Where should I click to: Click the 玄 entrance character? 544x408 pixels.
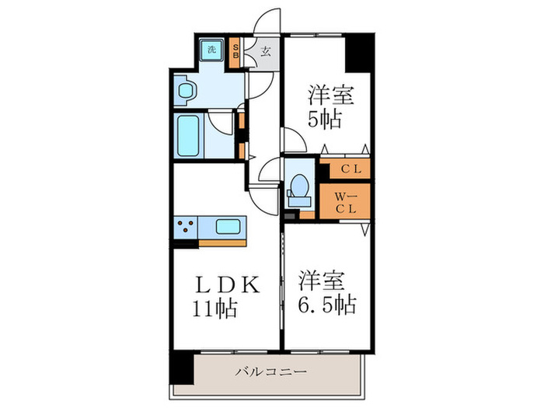265,54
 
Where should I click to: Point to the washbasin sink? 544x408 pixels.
186,92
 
